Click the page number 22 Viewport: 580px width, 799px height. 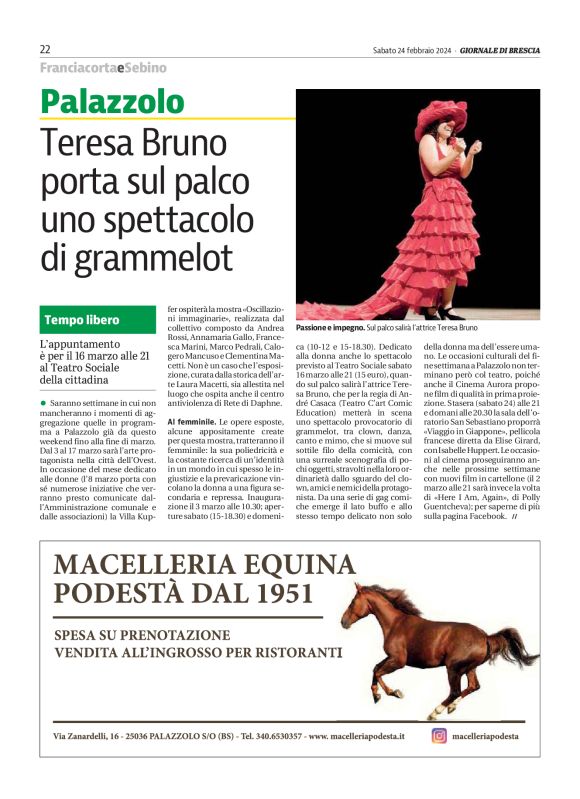click(45, 50)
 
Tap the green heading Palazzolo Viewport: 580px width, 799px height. click(112, 102)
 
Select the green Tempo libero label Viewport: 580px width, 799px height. click(82, 320)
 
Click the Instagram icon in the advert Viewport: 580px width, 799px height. click(438, 735)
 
